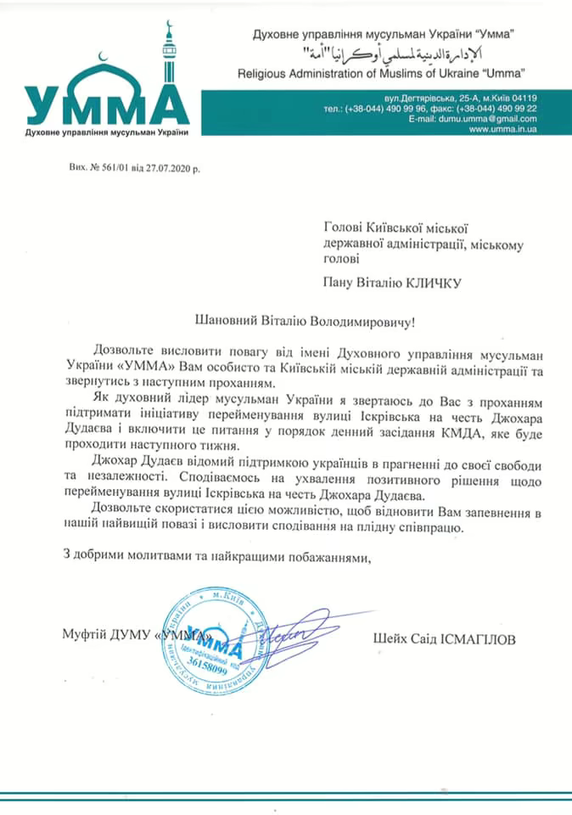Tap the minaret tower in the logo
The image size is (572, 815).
168,59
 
